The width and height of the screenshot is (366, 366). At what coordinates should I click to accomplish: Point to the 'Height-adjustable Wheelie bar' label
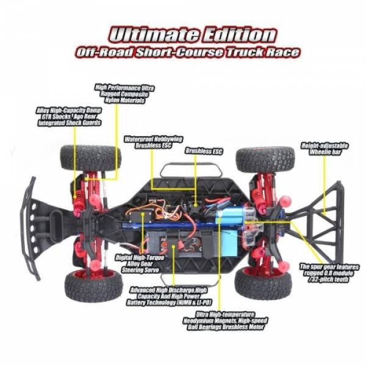[324, 149]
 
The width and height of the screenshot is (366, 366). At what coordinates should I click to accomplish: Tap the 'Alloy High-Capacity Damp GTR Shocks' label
[68, 115]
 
